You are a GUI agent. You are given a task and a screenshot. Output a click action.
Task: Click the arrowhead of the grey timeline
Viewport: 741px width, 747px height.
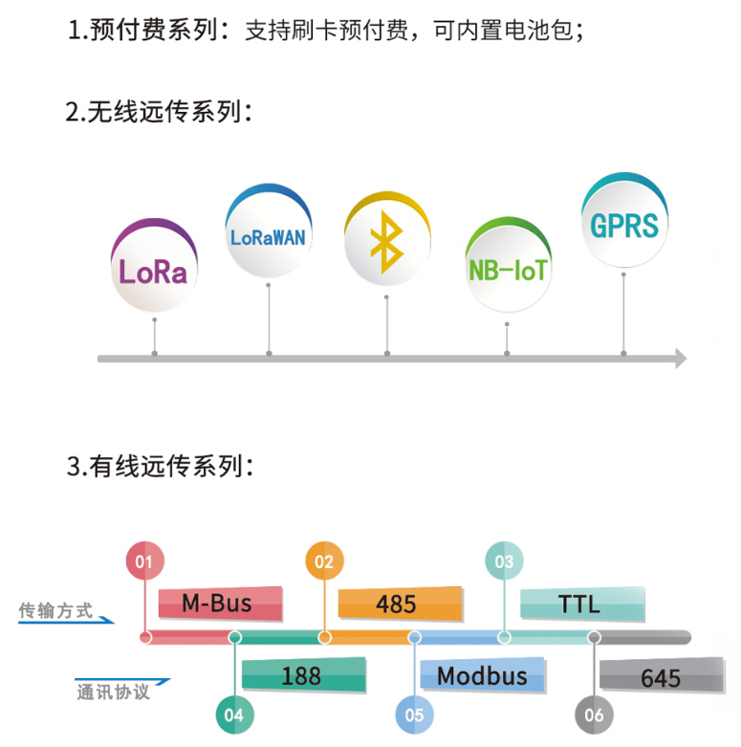tap(681, 359)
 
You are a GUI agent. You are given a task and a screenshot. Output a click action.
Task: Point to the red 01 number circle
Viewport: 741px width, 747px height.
tap(144, 562)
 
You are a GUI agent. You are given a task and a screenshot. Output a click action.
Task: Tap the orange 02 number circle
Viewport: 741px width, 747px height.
tap(324, 562)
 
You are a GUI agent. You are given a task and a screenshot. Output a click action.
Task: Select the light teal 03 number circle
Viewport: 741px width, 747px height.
tap(504, 562)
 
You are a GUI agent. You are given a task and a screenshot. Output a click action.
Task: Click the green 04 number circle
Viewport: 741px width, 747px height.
tap(234, 714)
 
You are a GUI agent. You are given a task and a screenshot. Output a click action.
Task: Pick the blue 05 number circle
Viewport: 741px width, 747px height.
tap(414, 714)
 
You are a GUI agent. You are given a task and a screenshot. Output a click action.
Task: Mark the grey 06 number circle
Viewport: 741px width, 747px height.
tap(594, 714)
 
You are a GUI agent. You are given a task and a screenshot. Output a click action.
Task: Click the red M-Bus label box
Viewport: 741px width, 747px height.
tap(219, 603)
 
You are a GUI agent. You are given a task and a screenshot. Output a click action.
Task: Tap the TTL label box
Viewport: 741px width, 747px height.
tap(579, 603)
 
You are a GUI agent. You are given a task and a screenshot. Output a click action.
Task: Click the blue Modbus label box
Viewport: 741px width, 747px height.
tap(483, 675)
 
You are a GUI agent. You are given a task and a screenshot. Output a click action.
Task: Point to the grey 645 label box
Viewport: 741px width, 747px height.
tap(661, 677)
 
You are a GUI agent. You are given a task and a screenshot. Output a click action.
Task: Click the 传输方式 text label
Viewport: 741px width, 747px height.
tap(56, 610)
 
